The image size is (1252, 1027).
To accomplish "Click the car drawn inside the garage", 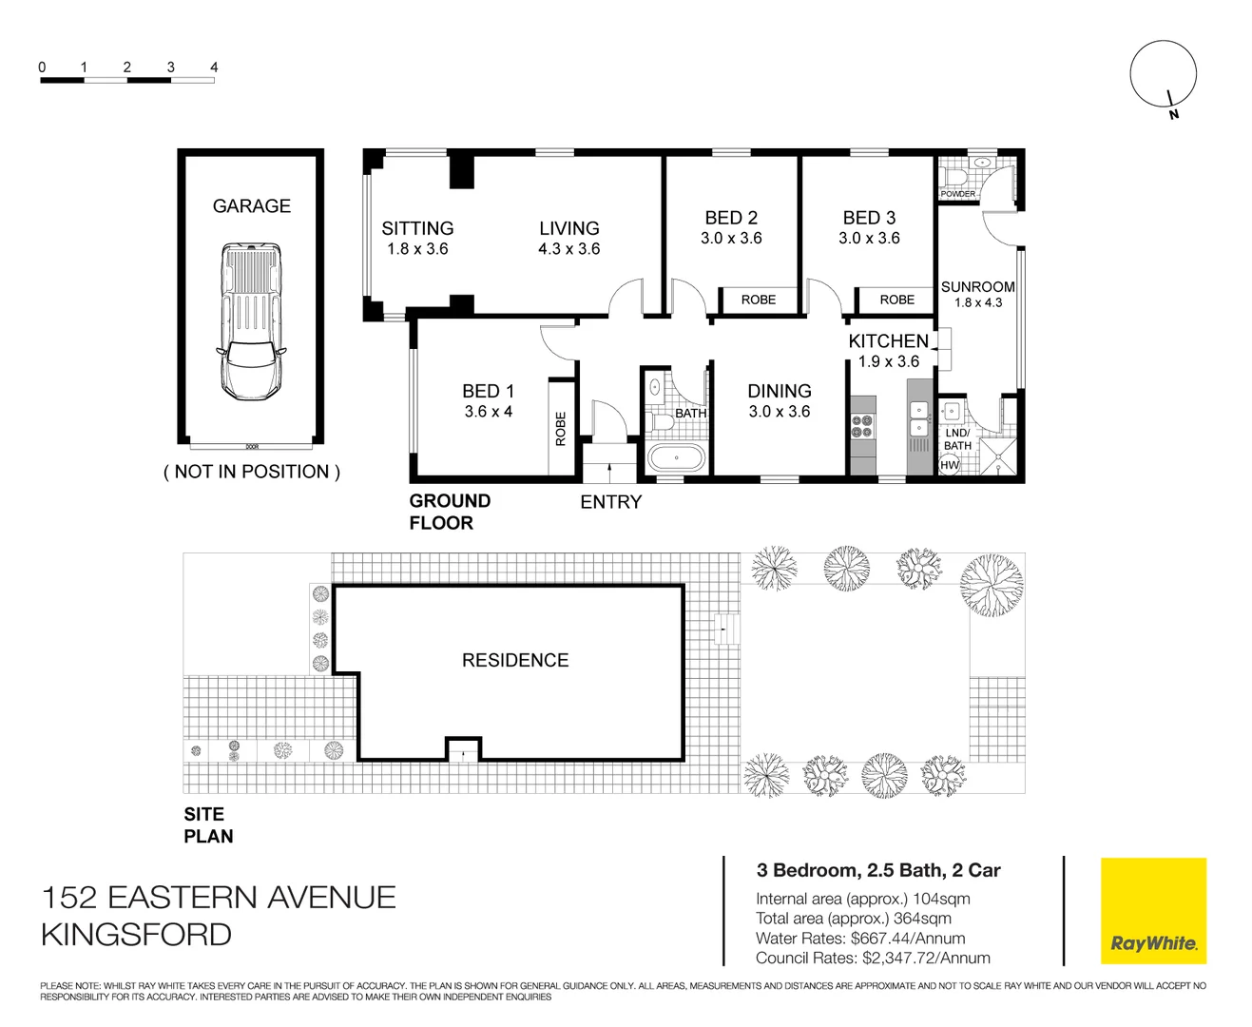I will click(x=252, y=321).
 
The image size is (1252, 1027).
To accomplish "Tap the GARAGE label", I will click(x=252, y=206).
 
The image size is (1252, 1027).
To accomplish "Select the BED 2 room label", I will click(x=731, y=218).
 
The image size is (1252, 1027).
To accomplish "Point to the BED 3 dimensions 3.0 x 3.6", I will click(x=869, y=239).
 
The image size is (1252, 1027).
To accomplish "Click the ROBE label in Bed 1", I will click(x=561, y=429).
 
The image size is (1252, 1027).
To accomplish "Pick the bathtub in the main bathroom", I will click(x=677, y=457).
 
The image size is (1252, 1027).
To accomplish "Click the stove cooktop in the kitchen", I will click(x=862, y=426).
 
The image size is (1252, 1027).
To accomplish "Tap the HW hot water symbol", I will click(x=950, y=464).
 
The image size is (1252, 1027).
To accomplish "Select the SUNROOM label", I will click(x=977, y=286).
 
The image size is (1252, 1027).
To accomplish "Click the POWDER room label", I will click(x=957, y=194).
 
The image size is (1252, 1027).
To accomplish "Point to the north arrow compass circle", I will click(x=1163, y=73).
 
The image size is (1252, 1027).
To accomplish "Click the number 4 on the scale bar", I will click(x=214, y=68).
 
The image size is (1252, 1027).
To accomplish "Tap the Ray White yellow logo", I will click(x=1153, y=911).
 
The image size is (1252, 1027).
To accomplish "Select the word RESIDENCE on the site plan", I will click(x=515, y=660).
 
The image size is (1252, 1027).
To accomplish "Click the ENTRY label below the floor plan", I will click(x=611, y=502).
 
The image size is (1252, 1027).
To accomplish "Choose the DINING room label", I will click(x=780, y=391).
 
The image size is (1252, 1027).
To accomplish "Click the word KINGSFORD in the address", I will click(x=137, y=935).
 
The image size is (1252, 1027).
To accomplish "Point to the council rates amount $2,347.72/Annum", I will click(x=926, y=959).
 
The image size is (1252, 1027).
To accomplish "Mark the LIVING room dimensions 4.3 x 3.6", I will click(x=569, y=249).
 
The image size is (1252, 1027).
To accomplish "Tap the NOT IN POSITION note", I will click(x=252, y=472).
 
